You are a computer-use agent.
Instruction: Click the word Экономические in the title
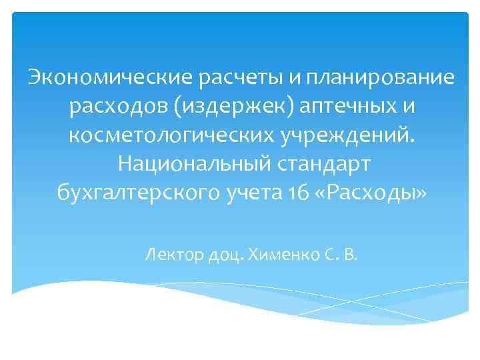(x=110, y=78)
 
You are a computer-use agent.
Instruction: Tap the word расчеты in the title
(x=241, y=78)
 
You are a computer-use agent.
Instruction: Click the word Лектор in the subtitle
(x=173, y=254)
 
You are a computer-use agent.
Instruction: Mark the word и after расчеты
(x=294, y=78)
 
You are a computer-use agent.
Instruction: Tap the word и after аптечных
(x=412, y=107)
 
